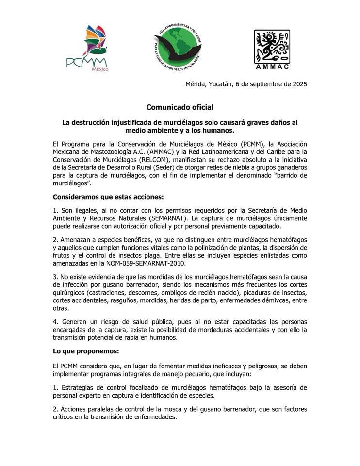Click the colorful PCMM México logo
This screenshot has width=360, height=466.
pyautogui.click(x=88, y=49)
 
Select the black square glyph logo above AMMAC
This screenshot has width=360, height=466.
pyautogui.click(x=272, y=45)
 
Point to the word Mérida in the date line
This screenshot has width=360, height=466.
pyautogui.click(x=196, y=84)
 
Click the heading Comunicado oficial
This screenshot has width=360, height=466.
pyautogui.click(x=180, y=107)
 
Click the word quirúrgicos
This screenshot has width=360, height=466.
pyautogui.click(x=70, y=293)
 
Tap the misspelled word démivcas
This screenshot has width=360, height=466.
pyautogui.click(x=265, y=300)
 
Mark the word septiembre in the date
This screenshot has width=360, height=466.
pyautogui.click(x=260, y=84)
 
